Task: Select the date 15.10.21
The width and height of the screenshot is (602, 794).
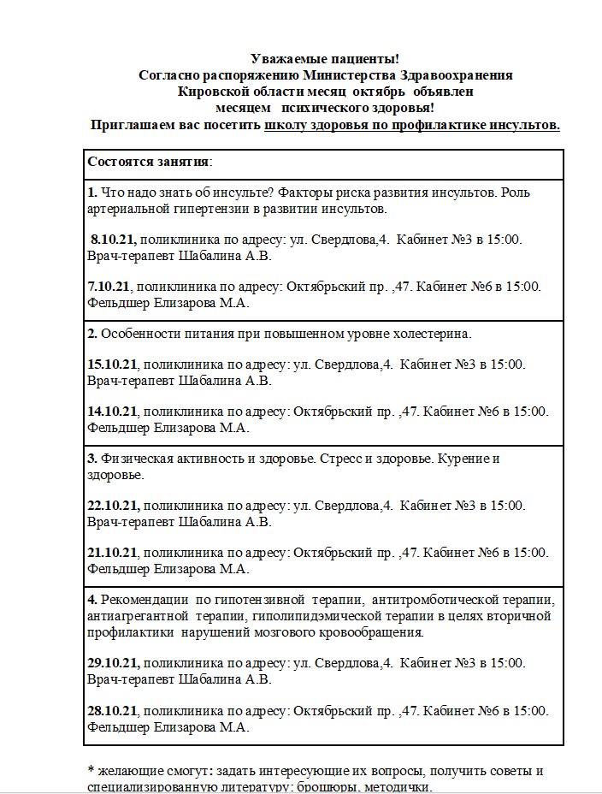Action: pos(113,364)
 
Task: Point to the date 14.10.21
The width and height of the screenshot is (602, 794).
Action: pos(113,412)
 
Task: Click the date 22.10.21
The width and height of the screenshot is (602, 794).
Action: pos(113,506)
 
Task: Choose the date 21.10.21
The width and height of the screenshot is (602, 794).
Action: pos(113,553)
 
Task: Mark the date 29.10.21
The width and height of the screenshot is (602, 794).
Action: pos(113,664)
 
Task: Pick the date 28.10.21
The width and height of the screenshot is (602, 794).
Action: pos(113,712)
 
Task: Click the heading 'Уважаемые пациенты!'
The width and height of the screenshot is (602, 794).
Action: pos(325,59)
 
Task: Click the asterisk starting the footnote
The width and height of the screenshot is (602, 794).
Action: pos(91,771)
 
